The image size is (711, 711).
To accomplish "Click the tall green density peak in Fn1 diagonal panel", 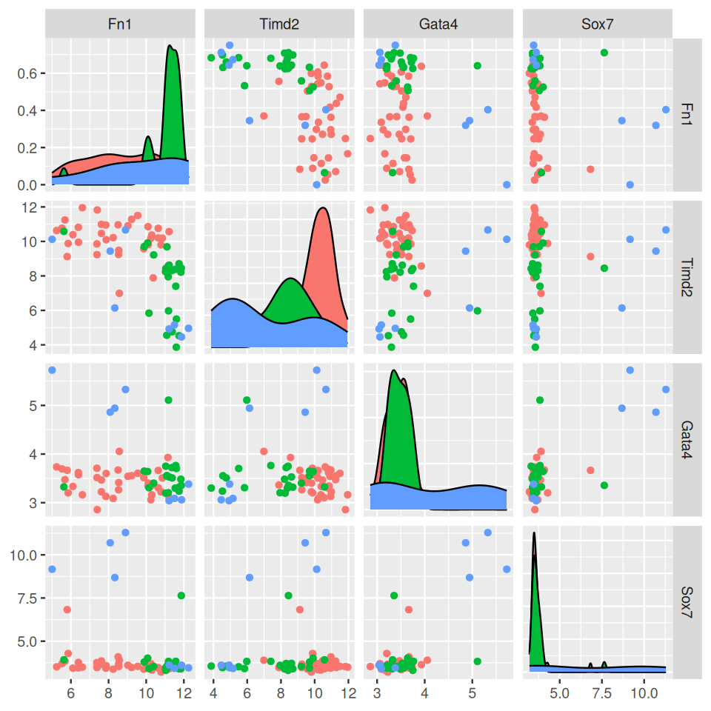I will [171, 47].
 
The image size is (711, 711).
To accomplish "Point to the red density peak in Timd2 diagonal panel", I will [322, 208].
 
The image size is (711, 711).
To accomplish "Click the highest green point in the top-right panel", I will [604, 53].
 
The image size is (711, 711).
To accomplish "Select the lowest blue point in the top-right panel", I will [630, 184].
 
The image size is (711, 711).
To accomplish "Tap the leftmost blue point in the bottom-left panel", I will [52, 569].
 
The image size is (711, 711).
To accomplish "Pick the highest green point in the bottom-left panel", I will [181, 595].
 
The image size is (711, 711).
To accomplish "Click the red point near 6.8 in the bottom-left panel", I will [67, 610].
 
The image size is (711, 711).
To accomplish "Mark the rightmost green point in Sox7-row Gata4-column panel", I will [478, 661].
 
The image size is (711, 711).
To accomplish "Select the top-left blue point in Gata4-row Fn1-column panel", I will [52, 370].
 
